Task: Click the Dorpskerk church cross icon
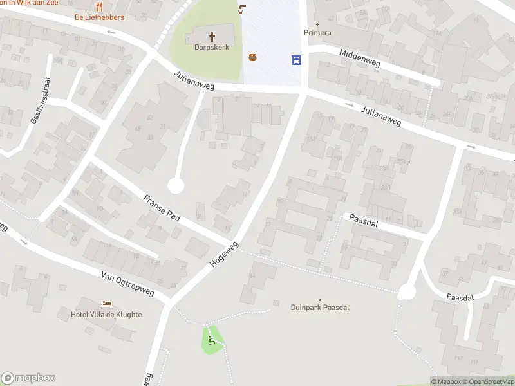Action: coord(212,36)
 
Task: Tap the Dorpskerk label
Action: coord(212,47)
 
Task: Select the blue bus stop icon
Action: coord(296,60)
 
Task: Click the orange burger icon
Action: coord(253,58)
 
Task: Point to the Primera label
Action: coord(317,33)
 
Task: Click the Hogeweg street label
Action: coord(224,255)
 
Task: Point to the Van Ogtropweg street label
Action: coord(128,284)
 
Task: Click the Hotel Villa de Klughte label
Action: coord(106,315)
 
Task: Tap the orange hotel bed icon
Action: coord(106,304)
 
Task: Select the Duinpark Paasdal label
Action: coord(319,308)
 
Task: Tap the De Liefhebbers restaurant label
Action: coord(99,17)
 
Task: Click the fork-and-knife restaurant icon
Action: coord(99,6)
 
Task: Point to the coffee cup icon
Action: coord(242,9)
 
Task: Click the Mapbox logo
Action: coord(28,378)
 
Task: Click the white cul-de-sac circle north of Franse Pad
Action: coord(176,186)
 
